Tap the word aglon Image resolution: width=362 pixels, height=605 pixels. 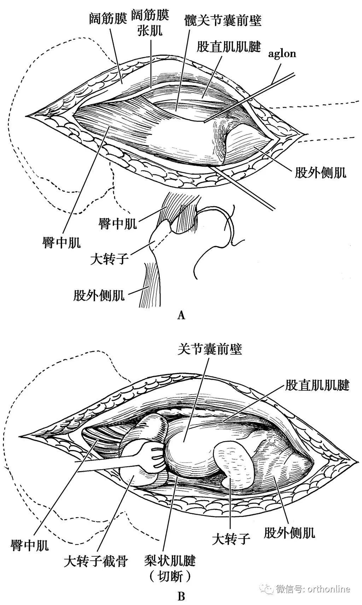point(282,54)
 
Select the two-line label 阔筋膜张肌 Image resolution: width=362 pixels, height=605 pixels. point(150,23)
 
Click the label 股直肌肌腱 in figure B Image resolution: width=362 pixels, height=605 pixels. point(317,385)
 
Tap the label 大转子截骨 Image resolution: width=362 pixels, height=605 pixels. point(95,561)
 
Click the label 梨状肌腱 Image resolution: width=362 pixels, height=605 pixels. point(170,560)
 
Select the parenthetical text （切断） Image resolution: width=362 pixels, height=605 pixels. point(170,577)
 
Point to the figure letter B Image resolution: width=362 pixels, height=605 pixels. point(181,597)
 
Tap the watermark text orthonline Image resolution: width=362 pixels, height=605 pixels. point(329,589)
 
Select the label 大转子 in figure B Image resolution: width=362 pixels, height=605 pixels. point(231,548)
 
